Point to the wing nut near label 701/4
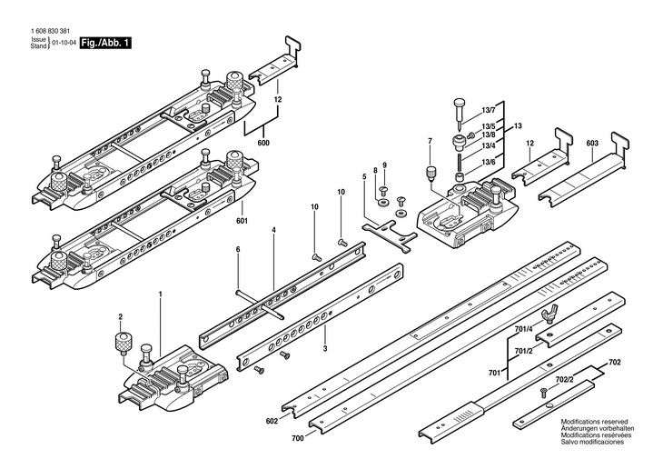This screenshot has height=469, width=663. (547, 316)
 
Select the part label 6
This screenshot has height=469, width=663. (238, 248)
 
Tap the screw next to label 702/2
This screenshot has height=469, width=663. (543, 391)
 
